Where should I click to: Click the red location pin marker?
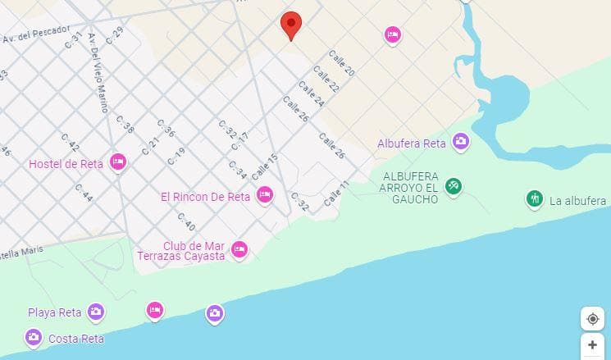pyautogui.click(x=290, y=25)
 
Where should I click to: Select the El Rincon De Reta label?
pyautogui.click(x=205, y=196)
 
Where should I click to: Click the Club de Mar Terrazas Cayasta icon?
pyautogui.click(x=239, y=248)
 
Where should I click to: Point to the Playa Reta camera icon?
pyautogui.click(x=96, y=312)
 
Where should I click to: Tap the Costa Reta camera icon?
pyautogui.click(x=34, y=336)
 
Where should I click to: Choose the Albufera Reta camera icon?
pyautogui.click(x=460, y=142)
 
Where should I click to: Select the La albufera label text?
pyautogui.click(x=577, y=201)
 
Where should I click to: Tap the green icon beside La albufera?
pyautogui.click(x=535, y=198)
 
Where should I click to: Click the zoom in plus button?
pyautogui.click(x=592, y=345)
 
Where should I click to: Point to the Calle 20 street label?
pyautogui.click(x=341, y=64)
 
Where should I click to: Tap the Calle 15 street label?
pyautogui.click(x=265, y=167)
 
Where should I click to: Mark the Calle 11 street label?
pyautogui.click(x=336, y=194)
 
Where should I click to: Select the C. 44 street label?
pyautogui.click(x=84, y=192)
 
